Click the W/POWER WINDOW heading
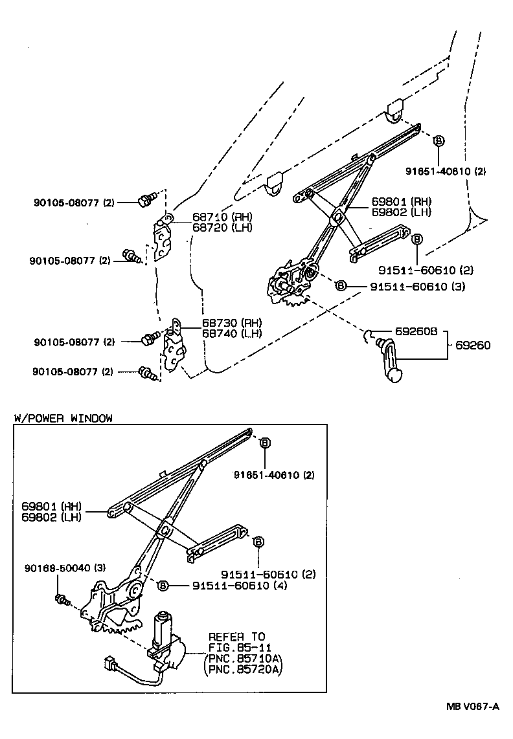(x=63, y=418)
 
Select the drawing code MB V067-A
(x=472, y=707)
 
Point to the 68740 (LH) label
(x=222, y=333)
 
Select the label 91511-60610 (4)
(x=239, y=586)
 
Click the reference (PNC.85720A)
(x=242, y=668)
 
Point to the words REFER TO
(x=236, y=637)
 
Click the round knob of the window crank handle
(x=394, y=375)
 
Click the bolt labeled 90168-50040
(x=63, y=599)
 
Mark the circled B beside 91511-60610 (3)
(x=341, y=286)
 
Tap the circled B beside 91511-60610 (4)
(x=163, y=586)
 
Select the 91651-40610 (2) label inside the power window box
(x=274, y=475)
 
